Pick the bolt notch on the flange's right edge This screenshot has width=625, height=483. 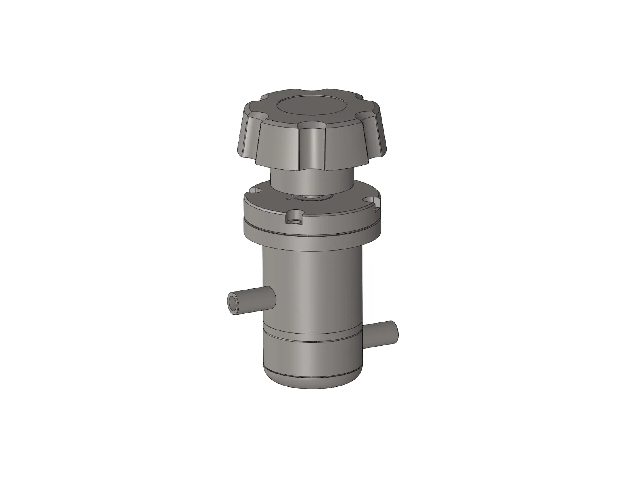[x=374, y=202]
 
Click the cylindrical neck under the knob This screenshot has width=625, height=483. [x=312, y=180]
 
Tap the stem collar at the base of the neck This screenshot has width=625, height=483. [x=312, y=197]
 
